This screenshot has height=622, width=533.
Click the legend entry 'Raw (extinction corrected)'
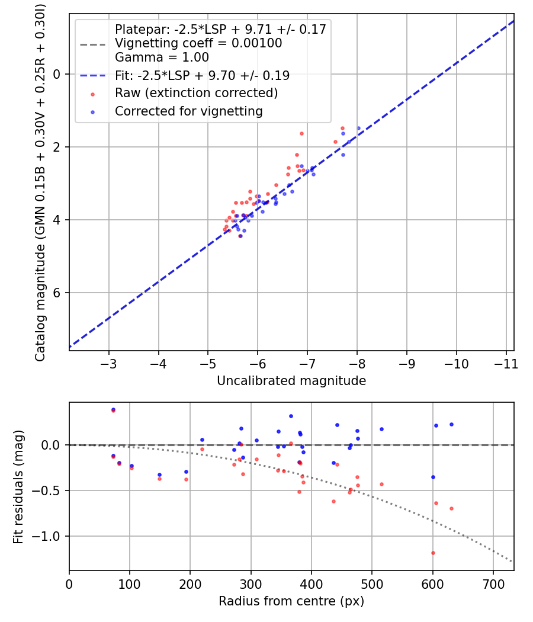[196, 93]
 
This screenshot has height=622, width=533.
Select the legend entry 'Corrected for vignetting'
[189, 111]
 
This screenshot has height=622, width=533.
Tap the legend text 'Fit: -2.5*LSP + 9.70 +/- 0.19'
[202, 76]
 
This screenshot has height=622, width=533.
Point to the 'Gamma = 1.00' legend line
[162, 57]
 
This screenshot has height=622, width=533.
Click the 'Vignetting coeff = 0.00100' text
[198, 43]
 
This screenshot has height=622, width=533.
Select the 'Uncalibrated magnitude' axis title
[291, 381]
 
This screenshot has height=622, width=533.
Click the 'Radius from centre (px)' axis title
[291, 601]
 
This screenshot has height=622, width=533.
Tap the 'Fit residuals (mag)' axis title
[18, 486]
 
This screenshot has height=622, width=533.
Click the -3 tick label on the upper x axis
[109, 363]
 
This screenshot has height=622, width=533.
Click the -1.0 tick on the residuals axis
[50, 536]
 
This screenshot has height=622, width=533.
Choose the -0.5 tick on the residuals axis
[50, 490]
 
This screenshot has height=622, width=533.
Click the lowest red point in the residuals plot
[433, 553]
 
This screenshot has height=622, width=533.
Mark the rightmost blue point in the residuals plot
[451, 424]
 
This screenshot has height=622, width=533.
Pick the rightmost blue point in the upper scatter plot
[358, 129]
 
